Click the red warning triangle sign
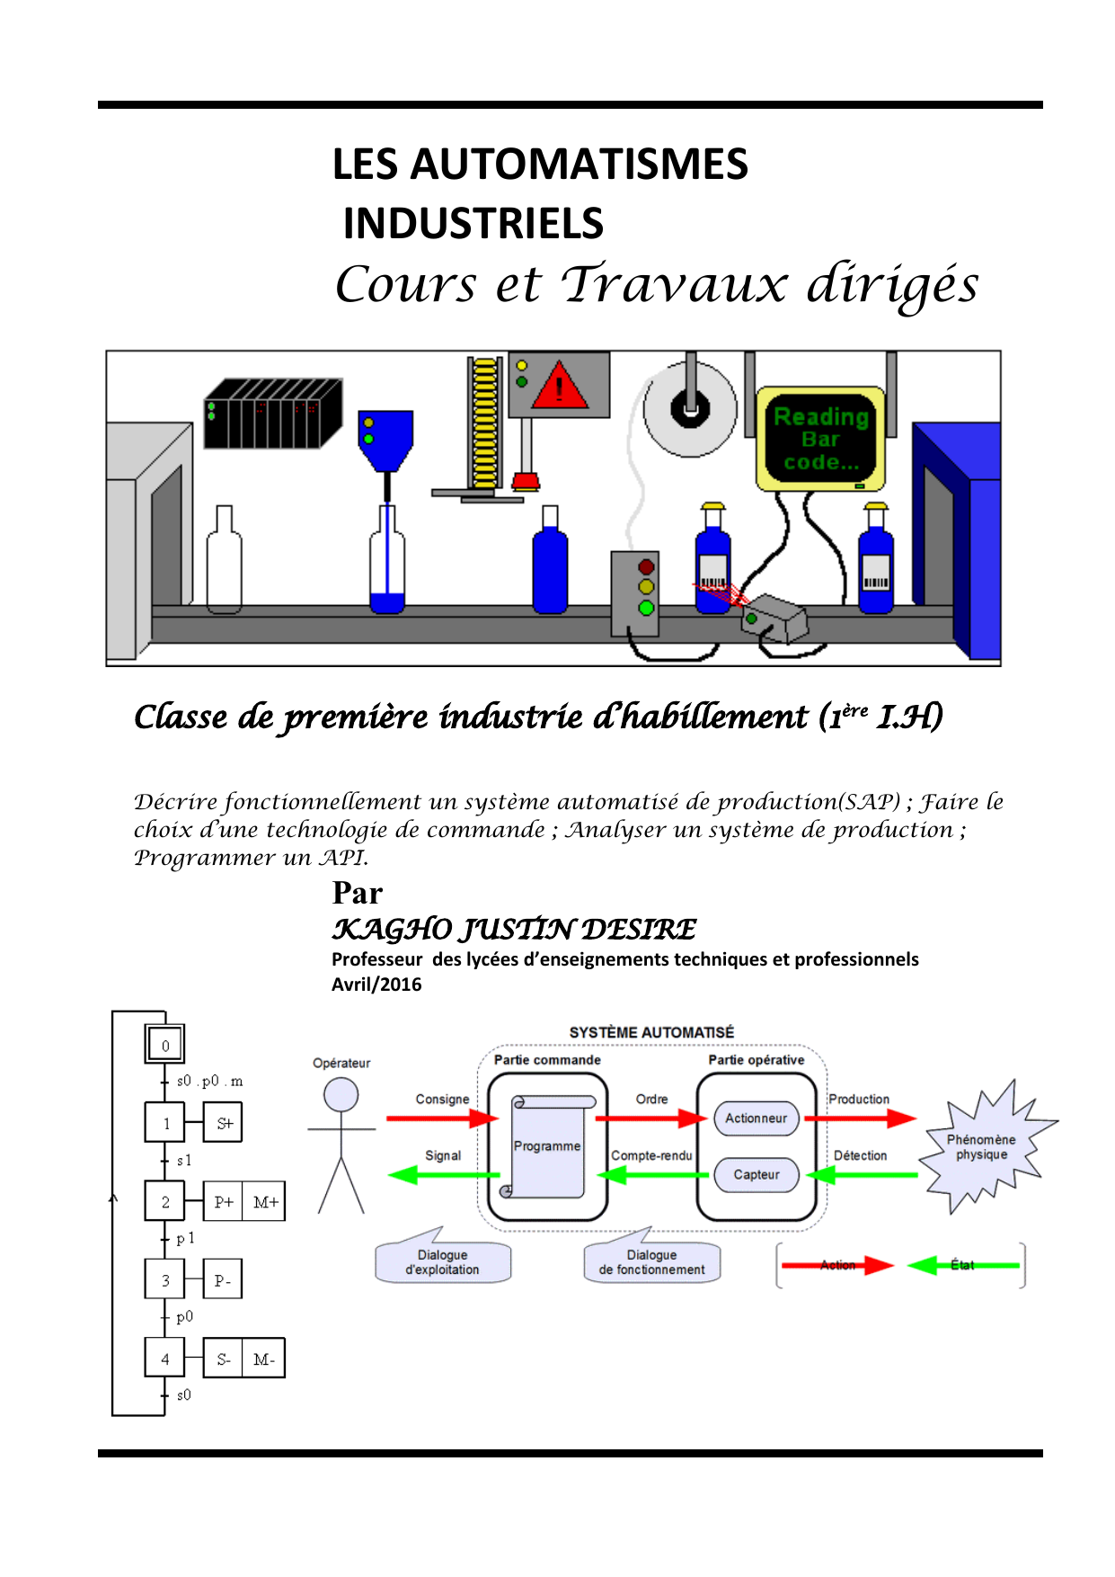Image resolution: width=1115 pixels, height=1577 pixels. (x=559, y=388)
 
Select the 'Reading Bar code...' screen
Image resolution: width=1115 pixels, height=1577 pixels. (x=821, y=439)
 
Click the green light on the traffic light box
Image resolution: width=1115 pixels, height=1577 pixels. (x=646, y=608)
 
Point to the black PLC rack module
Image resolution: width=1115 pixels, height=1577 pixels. (x=272, y=414)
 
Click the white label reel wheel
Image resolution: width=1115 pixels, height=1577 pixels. (x=689, y=409)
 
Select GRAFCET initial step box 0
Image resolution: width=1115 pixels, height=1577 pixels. (x=165, y=1045)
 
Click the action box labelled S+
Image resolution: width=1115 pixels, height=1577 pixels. (x=224, y=1123)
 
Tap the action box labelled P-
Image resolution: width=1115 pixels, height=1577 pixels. (x=223, y=1280)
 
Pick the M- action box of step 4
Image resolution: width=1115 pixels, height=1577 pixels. (x=263, y=1359)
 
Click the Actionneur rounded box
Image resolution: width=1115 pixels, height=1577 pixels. (x=756, y=1118)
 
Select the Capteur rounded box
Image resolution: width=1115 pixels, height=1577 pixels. (x=756, y=1174)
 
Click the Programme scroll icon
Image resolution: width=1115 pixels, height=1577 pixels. (x=547, y=1146)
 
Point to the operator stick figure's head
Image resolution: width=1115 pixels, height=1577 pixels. (x=341, y=1094)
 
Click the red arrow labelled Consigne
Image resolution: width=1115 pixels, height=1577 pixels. (x=442, y=1118)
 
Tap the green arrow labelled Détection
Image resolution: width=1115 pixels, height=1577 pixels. (x=862, y=1174)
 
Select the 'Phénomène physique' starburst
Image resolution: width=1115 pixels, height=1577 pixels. (x=981, y=1147)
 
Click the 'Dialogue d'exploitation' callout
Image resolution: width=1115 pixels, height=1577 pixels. (x=442, y=1262)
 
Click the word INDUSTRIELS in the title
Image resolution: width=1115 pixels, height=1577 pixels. (x=473, y=224)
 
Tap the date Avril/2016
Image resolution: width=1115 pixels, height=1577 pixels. (x=376, y=984)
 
